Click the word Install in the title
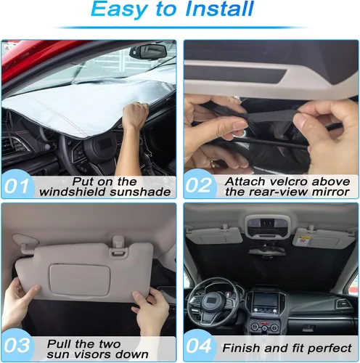(219, 9)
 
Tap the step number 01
(16, 186)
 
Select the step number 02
(198, 185)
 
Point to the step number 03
(17, 345)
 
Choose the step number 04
(198, 346)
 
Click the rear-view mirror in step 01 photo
(148, 52)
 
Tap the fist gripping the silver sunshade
(136, 113)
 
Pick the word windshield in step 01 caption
(73, 192)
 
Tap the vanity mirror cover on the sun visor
(80, 280)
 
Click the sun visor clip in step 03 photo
(118, 245)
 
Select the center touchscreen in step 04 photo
(265, 301)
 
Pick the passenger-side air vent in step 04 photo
(343, 303)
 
